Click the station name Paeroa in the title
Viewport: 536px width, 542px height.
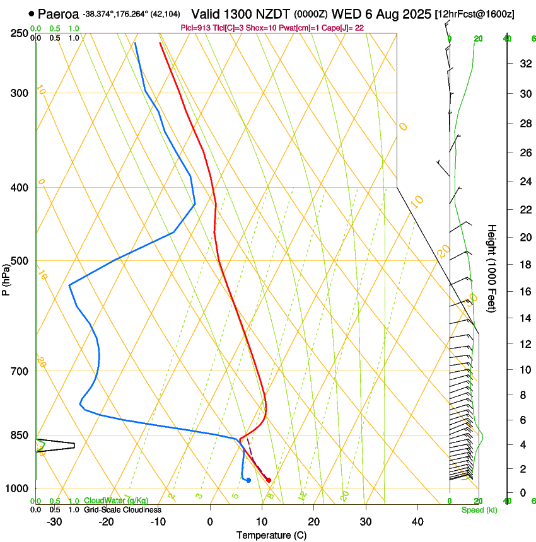pyautogui.click(x=59, y=13)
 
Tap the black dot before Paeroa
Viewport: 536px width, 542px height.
pyautogui.click(x=31, y=13)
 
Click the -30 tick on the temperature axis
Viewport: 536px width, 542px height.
pyautogui.click(x=54, y=521)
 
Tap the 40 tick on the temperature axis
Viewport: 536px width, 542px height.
pyautogui.click(x=417, y=521)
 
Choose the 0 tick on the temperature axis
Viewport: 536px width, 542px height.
pyautogui.click(x=210, y=521)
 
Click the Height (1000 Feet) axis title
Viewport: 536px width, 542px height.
pyautogui.click(x=492, y=268)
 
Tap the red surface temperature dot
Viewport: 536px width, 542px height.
pyautogui.click(x=269, y=480)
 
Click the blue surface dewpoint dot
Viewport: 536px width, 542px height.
pyautogui.click(x=248, y=480)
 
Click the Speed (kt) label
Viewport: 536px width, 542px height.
pyautogui.click(x=479, y=510)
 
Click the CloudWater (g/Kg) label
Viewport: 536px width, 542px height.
pyautogui.click(x=116, y=501)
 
